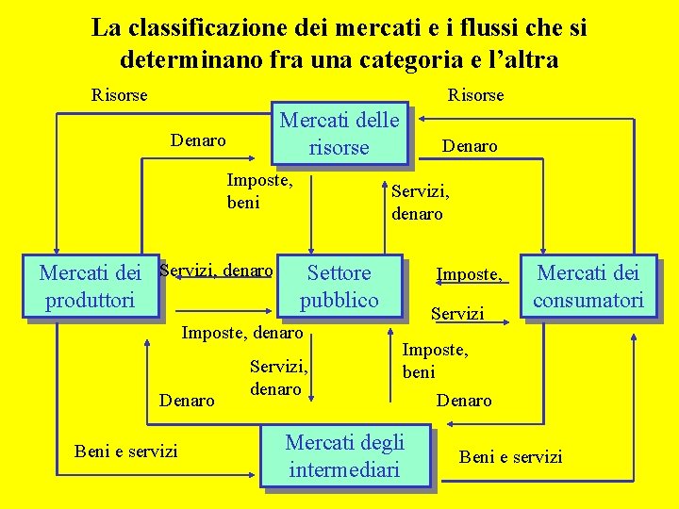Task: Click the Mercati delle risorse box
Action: [x=339, y=133]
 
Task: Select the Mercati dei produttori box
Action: [x=90, y=287]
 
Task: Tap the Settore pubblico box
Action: [x=339, y=287]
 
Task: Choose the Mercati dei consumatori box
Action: [x=588, y=287]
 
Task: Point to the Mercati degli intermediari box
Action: [x=344, y=455]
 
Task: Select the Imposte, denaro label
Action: [x=241, y=332]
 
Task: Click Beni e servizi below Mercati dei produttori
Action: [x=125, y=451]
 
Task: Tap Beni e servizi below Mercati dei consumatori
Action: [x=510, y=457]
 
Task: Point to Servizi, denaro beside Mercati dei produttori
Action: [x=216, y=271]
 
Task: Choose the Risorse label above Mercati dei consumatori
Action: [x=475, y=95]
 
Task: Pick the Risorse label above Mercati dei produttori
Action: [x=119, y=95]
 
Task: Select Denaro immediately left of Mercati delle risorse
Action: [x=198, y=140]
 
